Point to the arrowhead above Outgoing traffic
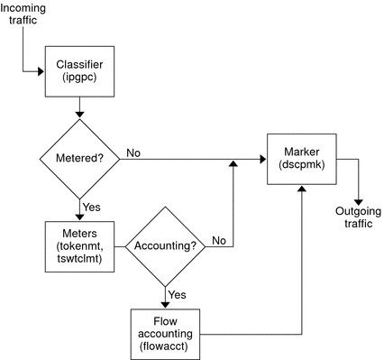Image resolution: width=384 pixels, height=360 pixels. (359, 200)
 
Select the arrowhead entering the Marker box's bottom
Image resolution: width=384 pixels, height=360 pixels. (299, 189)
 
